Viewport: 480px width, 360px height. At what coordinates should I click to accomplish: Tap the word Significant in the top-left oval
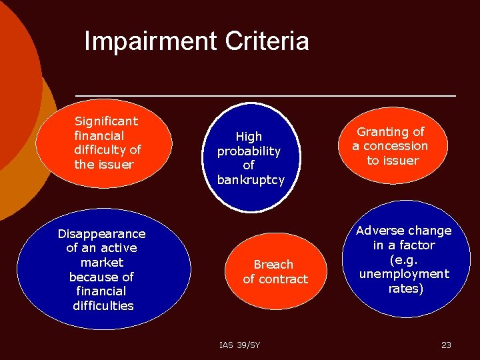point(106,121)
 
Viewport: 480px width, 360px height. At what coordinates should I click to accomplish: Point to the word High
point(249,136)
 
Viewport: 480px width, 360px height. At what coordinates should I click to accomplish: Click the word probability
point(249,151)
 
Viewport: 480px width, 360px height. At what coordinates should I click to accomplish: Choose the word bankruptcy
point(251,179)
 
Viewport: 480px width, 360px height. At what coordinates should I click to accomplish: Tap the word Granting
point(381,131)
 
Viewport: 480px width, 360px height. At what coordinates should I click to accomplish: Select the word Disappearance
point(101,233)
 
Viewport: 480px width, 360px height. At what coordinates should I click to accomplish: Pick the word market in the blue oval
point(101,262)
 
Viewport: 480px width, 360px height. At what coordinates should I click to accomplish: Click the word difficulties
point(103,305)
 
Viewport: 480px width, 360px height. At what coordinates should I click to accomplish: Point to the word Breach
point(273,264)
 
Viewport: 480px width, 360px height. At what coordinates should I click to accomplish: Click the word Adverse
point(379,230)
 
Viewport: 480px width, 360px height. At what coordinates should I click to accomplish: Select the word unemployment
point(404,273)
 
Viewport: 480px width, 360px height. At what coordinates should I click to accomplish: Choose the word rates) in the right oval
point(406,288)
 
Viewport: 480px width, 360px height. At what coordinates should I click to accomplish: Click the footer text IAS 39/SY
point(239,345)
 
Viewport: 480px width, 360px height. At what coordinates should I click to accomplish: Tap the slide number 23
point(446,345)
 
